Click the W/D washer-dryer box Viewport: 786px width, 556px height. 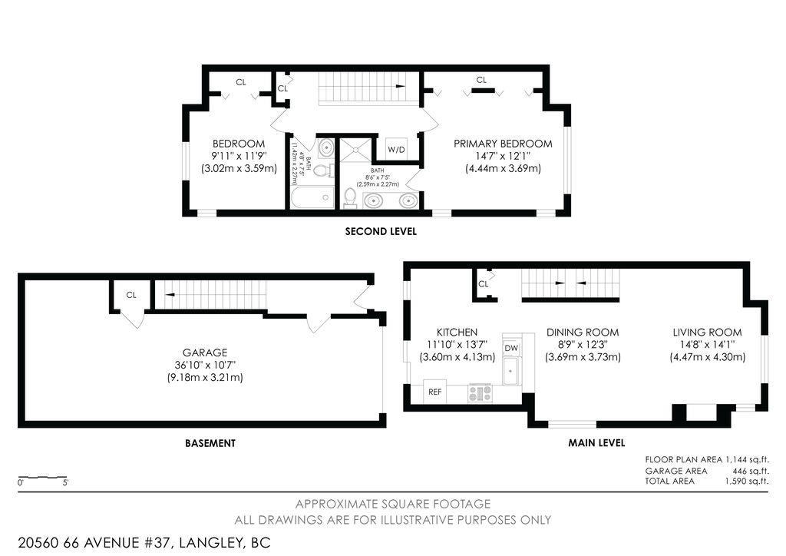(x=396, y=149)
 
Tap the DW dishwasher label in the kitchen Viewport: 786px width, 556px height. (x=510, y=349)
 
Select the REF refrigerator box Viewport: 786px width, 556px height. (x=435, y=392)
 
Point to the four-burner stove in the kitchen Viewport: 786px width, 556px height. (x=480, y=393)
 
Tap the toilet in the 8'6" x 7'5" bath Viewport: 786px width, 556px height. (x=350, y=197)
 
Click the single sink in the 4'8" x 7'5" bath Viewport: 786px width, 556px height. (x=325, y=147)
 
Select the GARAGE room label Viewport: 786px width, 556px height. (x=204, y=352)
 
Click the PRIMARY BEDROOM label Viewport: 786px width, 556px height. (x=503, y=144)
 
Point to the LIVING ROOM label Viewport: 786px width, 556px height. (x=707, y=332)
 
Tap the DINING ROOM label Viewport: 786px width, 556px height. (x=583, y=332)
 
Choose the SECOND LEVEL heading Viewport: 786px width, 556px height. (x=381, y=231)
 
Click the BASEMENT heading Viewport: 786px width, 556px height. (x=210, y=443)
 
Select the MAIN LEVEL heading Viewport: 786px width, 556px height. (x=596, y=443)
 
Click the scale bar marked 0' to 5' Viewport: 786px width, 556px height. (x=42, y=477)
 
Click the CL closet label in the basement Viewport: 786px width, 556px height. (x=131, y=294)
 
